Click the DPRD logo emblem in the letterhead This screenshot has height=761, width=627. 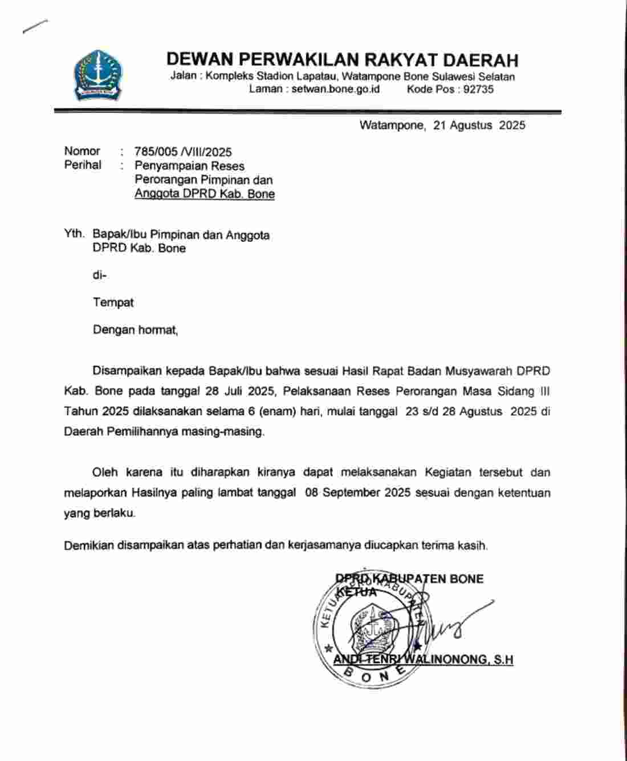[97, 75]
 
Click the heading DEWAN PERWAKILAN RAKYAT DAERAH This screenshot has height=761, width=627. [342, 59]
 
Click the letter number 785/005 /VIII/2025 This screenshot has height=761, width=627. [183, 152]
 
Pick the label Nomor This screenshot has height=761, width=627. [82, 151]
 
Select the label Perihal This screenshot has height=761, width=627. [83, 165]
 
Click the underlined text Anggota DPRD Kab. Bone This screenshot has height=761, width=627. [205, 194]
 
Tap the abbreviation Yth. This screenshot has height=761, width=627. [74, 234]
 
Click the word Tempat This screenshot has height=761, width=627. [113, 302]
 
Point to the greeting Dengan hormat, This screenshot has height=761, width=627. [136, 330]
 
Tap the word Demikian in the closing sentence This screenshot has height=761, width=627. [88, 545]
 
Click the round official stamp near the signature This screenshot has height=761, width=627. [373, 628]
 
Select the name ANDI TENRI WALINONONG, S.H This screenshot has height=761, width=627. [423, 660]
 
